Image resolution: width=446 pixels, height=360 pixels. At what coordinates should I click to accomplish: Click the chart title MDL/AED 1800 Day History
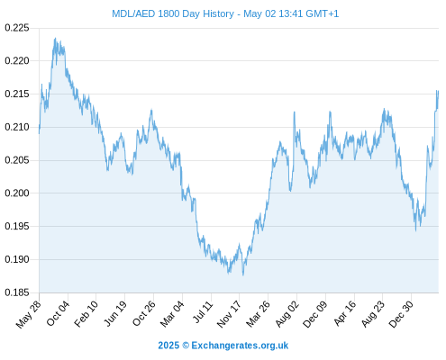tap(173, 13)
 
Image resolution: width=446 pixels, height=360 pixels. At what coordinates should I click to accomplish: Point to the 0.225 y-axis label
tap(17, 28)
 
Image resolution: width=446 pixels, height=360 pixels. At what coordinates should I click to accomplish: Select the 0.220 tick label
tap(17, 61)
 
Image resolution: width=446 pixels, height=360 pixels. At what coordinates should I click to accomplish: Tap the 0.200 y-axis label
tap(17, 193)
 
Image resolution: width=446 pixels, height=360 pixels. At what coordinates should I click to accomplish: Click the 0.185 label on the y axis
tap(17, 292)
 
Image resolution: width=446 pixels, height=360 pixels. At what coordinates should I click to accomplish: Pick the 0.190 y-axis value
tap(17, 259)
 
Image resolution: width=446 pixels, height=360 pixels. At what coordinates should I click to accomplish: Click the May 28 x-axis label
tap(28, 314)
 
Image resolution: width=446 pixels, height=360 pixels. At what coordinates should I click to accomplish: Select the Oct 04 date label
tap(58, 313)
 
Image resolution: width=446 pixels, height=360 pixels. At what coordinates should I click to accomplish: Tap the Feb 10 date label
tap(86, 313)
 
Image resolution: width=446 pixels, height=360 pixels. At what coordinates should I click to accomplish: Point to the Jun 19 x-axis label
tap(114, 313)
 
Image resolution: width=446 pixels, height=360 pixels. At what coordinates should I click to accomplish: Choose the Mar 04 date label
tap(172, 314)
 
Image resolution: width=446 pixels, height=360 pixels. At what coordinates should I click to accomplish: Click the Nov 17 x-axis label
tap(229, 314)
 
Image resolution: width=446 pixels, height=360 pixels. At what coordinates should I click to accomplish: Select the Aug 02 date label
tap(287, 314)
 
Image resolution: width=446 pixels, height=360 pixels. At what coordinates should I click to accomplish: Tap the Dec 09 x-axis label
tap(314, 314)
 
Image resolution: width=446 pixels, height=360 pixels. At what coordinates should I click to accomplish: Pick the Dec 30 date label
tap(401, 314)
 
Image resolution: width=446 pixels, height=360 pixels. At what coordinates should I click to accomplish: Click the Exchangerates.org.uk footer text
tap(240, 346)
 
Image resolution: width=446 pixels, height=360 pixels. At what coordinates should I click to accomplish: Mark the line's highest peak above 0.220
tap(55, 39)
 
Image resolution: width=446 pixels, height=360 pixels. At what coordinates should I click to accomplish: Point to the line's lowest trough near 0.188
tap(243, 274)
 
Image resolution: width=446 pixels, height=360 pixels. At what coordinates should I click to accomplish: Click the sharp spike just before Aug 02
tap(295, 112)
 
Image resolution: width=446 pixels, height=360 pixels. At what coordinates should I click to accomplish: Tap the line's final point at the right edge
tap(438, 91)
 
